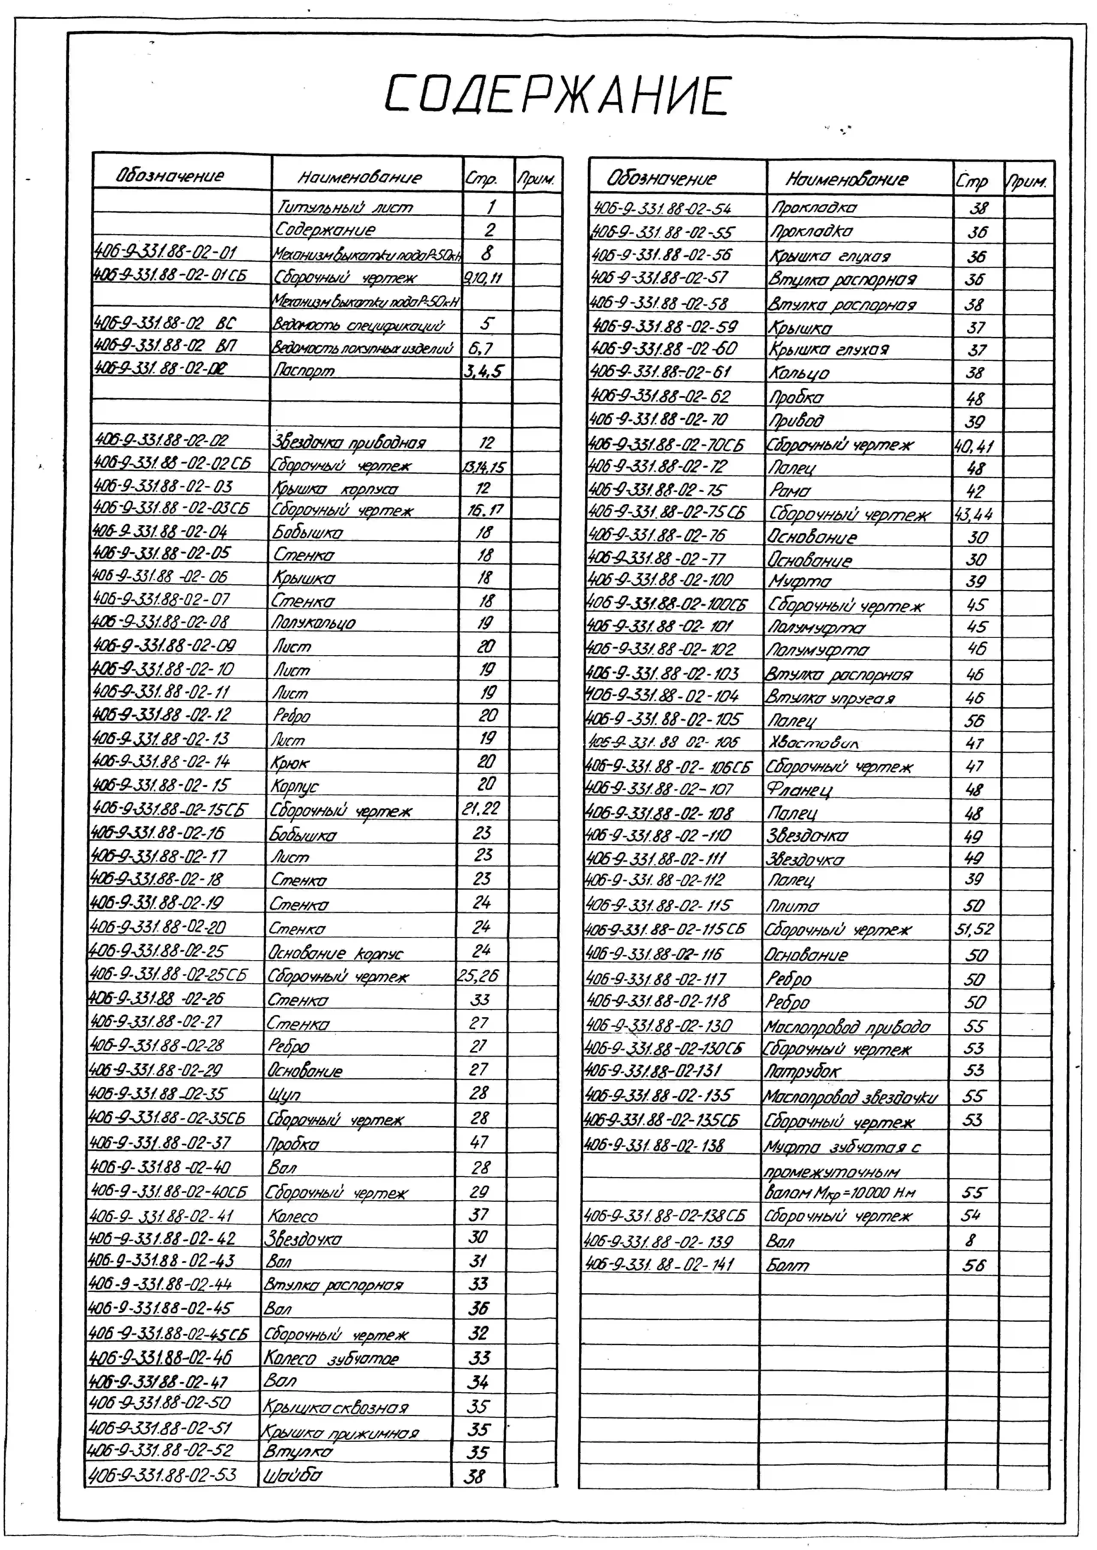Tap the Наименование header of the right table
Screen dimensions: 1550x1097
pyautogui.click(x=846, y=180)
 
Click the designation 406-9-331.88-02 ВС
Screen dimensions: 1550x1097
pyautogui.click(x=164, y=323)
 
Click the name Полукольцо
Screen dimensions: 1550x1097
pyautogui.click(x=313, y=623)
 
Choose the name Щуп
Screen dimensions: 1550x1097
pyautogui.click(x=284, y=1094)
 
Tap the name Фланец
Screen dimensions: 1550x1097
pyautogui.click(x=799, y=790)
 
